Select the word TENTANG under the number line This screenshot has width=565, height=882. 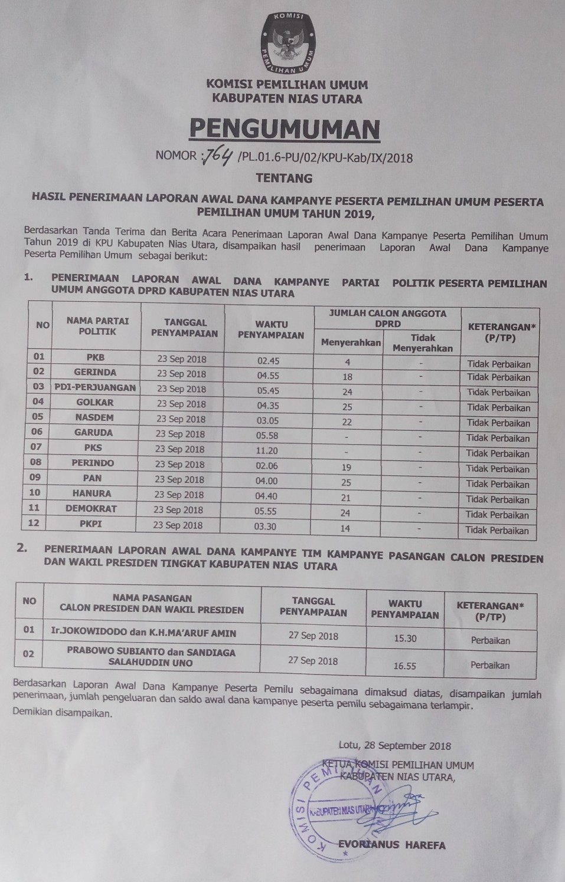pyautogui.click(x=284, y=177)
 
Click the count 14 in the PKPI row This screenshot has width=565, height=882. pyautogui.click(x=346, y=528)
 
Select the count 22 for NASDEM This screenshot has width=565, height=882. pyautogui.click(x=347, y=422)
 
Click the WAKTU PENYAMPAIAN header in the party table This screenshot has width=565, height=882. pyautogui.click(x=271, y=330)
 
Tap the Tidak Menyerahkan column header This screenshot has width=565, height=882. pyautogui.click(x=423, y=343)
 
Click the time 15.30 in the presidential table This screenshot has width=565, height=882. pyautogui.click(x=405, y=638)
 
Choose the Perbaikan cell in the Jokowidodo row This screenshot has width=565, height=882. pyautogui.click(x=490, y=640)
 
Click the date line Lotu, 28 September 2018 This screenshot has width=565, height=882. pyautogui.click(x=395, y=745)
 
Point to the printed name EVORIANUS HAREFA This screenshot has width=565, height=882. pyautogui.click(x=392, y=845)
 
